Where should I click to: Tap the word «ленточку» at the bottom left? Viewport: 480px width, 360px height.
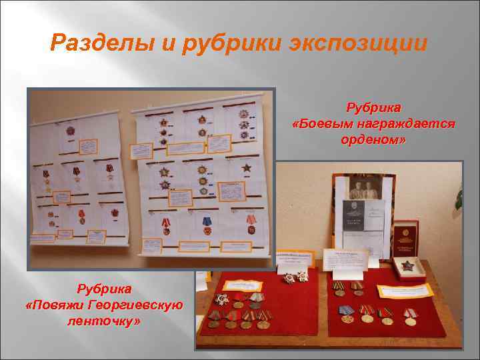pos(100,320)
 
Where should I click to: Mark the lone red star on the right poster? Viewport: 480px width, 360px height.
pos(247,167)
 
